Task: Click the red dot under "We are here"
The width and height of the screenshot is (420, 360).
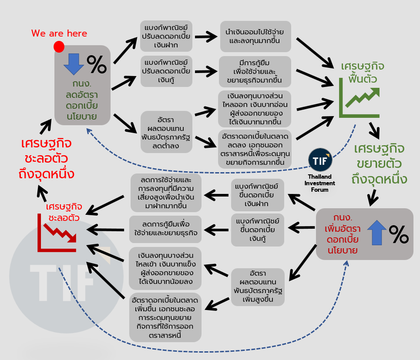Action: (x=59, y=46)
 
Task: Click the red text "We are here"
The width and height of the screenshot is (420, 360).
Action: (x=59, y=33)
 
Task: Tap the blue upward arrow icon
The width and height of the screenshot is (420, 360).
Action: (x=376, y=231)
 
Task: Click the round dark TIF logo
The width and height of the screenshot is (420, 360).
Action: (x=320, y=160)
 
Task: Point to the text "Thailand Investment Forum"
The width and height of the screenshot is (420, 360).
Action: (x=320, y=183)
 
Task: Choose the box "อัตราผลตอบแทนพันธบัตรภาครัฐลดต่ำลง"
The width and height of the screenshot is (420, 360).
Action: (x=166, y=131)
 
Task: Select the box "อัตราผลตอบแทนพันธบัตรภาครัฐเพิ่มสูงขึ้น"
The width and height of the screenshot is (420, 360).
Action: (x=258, y=287)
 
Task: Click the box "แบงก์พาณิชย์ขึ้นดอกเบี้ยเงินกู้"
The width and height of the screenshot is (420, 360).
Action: (x=258, y=229)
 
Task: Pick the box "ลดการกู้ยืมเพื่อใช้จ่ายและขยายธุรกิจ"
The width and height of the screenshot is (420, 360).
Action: (x=165, y=229)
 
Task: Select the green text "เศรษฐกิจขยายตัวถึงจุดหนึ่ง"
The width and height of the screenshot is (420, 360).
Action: (x=378, y=164)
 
